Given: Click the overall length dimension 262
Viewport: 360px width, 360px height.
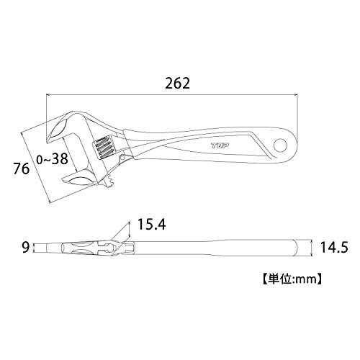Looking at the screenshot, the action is pos(177,84).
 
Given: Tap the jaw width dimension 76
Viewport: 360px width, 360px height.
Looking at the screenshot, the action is pos(22,168).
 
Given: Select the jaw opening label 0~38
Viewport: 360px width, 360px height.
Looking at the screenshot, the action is pos(52,159).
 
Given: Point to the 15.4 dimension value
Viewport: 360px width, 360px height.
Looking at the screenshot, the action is pos(151,225).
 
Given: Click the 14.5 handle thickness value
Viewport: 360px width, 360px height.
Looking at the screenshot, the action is pos(334,247).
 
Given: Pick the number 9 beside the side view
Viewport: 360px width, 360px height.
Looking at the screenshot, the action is pos(25,248).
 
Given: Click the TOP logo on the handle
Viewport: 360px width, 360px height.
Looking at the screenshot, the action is pos(220,145).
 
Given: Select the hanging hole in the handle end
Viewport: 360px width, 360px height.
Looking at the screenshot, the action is pos(281,145).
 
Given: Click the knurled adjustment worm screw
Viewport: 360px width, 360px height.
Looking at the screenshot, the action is pos(103,148).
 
